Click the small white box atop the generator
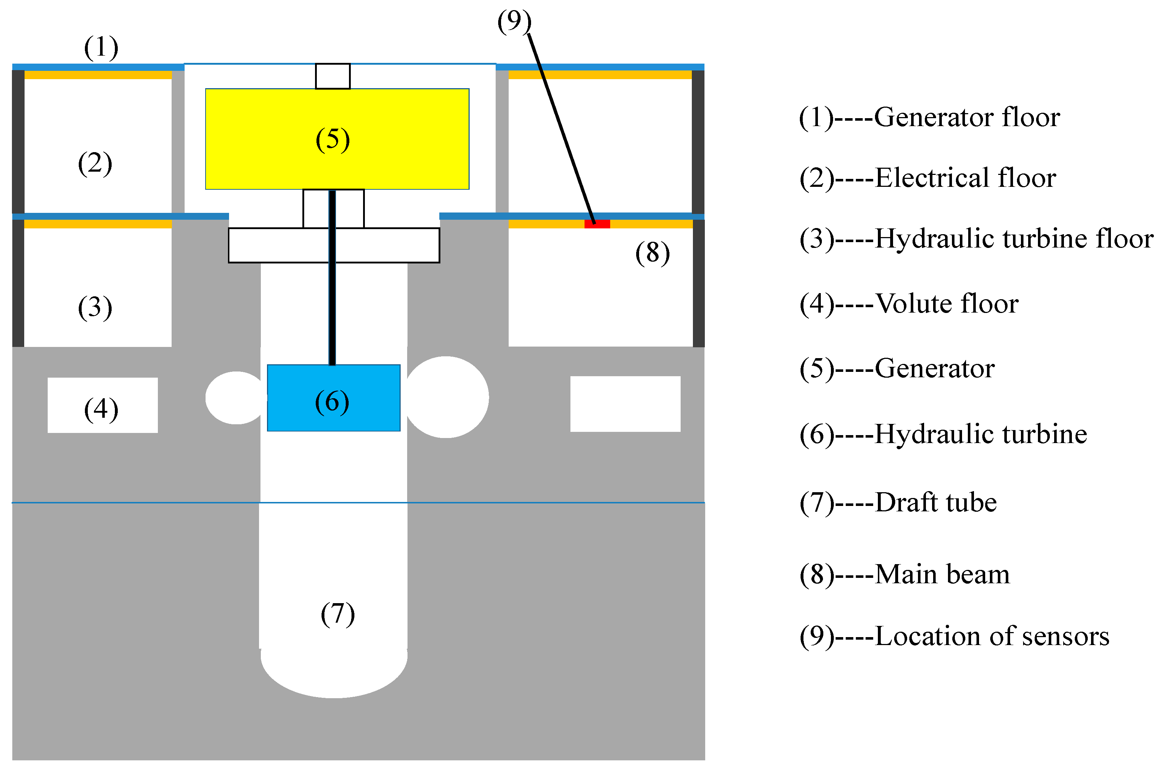point(333,76)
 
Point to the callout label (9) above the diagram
point(514,22)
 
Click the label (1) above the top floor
point(101,48)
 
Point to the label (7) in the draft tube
point(337,614)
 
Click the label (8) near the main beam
point(652,253)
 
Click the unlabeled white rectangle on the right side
point(625,404)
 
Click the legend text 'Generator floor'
point(966,117)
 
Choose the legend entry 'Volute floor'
point(946,304)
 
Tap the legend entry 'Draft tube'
point(935,503)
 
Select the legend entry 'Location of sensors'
point(992,636)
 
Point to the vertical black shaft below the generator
point(332,296)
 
